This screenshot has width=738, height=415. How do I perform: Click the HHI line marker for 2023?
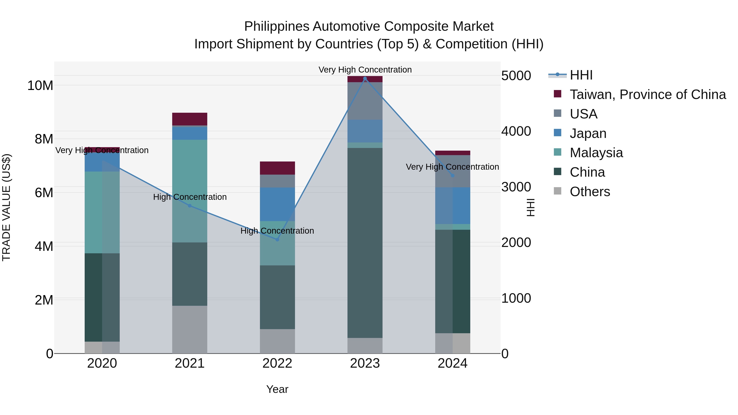click(365, 78)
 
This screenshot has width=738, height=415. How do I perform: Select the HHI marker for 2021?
click(189, 206)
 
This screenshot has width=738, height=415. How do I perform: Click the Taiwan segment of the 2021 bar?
click(189, 119)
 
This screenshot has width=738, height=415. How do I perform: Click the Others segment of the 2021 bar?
click(189, 329)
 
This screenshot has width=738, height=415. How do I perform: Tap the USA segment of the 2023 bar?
click(365, 101)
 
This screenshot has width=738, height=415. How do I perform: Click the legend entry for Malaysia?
click(596, 153)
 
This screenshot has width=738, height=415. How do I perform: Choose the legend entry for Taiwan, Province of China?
click(647, 94)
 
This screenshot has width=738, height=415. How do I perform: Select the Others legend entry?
click(590, 192)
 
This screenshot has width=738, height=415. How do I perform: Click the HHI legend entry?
click(581, 75)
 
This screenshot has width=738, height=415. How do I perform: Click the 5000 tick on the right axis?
click(516, 76)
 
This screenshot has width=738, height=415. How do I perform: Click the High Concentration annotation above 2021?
click(190, 197)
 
